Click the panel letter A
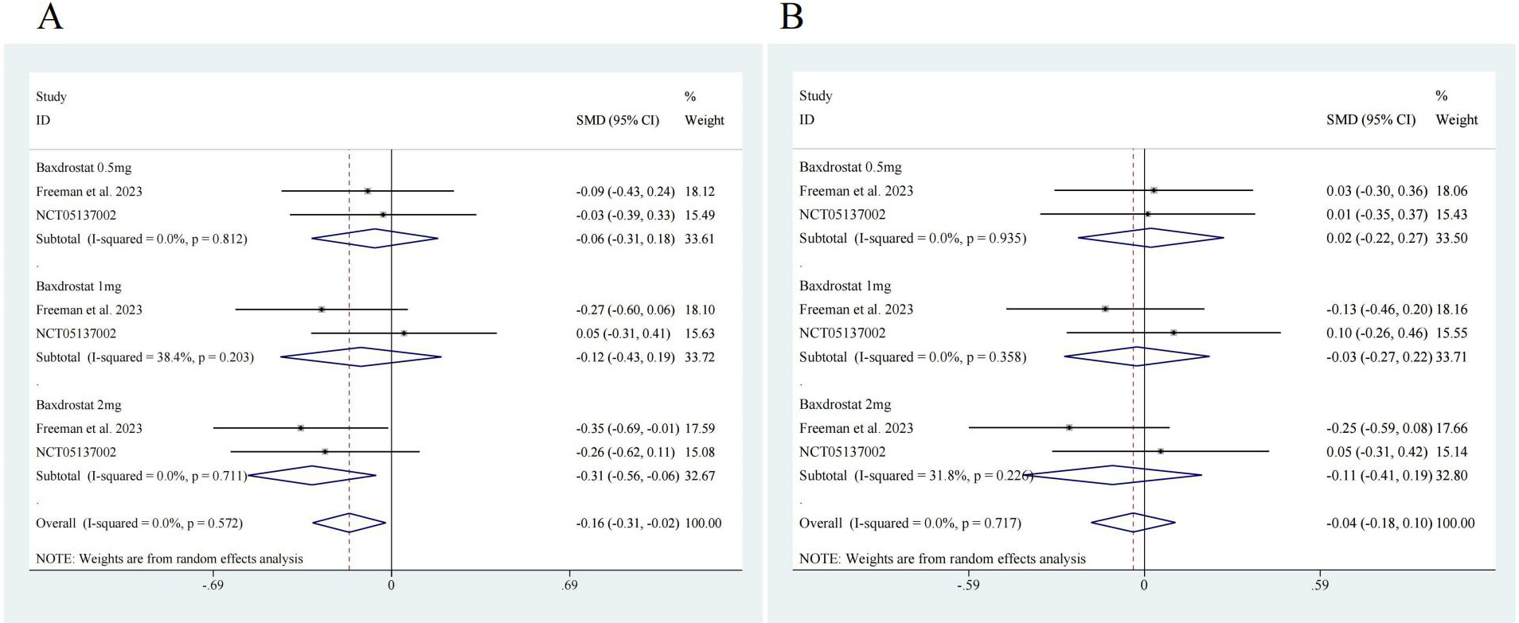(x=49, y=16)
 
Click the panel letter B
(x=791, y=16)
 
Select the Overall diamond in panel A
(x=349, y=523)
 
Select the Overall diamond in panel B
(x=1133, y=523)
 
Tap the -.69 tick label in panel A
(x=212, y=586)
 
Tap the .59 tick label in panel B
(x=1319, y=586)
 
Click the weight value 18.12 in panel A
(x=699, y=192)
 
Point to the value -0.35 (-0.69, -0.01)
(x=627, y=429)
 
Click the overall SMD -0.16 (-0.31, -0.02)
(x=627, y=524)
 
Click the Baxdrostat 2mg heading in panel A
(x=79, y=405)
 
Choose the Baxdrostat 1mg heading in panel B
(x=845, y=286)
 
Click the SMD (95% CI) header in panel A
(x=618, y=120)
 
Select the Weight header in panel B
(x=1456, y=119)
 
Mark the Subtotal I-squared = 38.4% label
(x=145, y=357)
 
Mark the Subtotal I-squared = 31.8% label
(x=916, y=476)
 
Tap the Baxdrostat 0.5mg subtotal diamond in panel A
(x=374, y=239)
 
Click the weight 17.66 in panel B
(x=1451, y=428)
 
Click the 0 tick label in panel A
(x=391, y=586)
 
